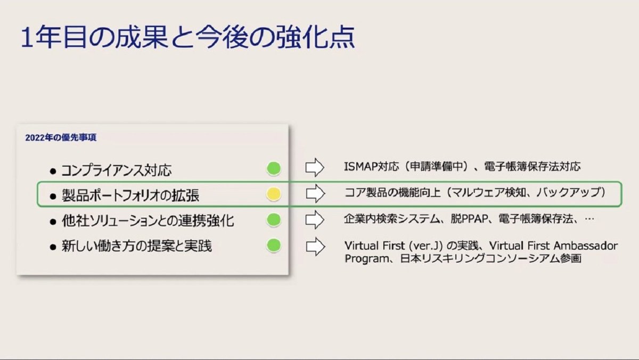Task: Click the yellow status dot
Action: [x=274, y=194]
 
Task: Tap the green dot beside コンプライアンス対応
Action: [x=274, y=168]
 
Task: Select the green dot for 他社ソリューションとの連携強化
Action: [x=274, y=220]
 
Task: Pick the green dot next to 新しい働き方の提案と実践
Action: [x=274, y=246]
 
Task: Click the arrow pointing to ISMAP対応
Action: [x=315, y=167]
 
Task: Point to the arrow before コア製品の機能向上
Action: [x=315, y=193]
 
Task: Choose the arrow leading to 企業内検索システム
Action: [x=315, y=219]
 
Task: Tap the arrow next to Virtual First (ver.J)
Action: [x=315, y=247]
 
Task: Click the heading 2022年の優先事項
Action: [x=61, y=137]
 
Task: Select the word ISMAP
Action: [x=361, y=166]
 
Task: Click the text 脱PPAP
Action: [x=469, y=219]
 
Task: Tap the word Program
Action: [x=367, y=259]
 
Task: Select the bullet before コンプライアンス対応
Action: [x=53, y=171]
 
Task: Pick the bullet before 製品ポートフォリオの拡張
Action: [x=53, y=197]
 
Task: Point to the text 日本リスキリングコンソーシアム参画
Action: [x=491, y=259]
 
